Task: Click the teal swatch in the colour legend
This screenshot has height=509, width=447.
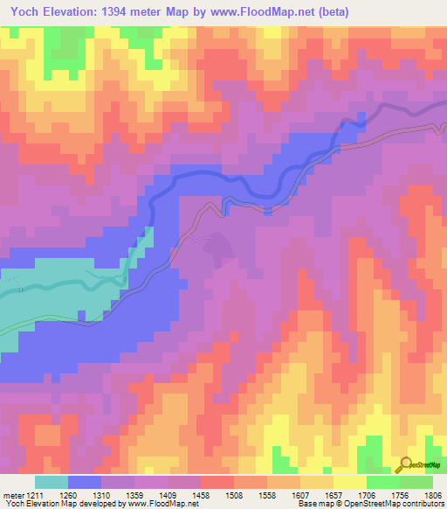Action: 52,482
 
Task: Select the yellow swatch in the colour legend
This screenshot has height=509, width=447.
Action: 350,482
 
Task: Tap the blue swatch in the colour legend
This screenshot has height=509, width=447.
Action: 85,482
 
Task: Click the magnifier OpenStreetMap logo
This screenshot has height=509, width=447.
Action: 406,464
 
